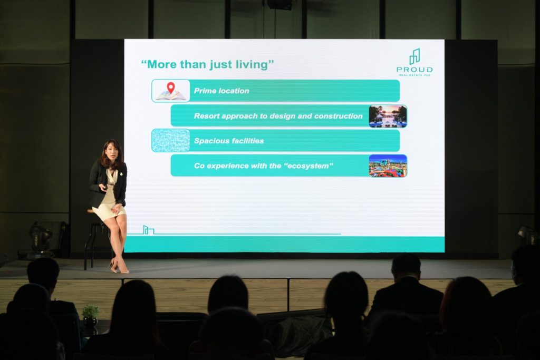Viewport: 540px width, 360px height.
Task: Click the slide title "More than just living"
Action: click(x=208, y=64)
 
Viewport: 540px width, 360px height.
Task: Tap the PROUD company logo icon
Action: click(x=414, y=57)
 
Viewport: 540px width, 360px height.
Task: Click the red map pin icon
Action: click(x=170, y=88)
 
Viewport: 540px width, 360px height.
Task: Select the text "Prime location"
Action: click(x=221, y=91)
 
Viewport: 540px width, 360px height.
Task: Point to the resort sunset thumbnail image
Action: click(x=388, y=116)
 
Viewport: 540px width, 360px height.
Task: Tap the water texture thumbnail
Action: click(x=171, y=140)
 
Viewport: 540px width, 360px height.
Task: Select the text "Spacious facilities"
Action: click(x=229, y=141)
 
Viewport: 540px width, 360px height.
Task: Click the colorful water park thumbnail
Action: click(x=388, y=166)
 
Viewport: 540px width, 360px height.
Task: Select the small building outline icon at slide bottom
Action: click(x=148, y=230)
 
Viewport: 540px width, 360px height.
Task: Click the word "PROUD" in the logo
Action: click(x=414, y=70)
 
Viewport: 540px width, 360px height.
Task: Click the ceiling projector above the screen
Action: click(x=279, y=5)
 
